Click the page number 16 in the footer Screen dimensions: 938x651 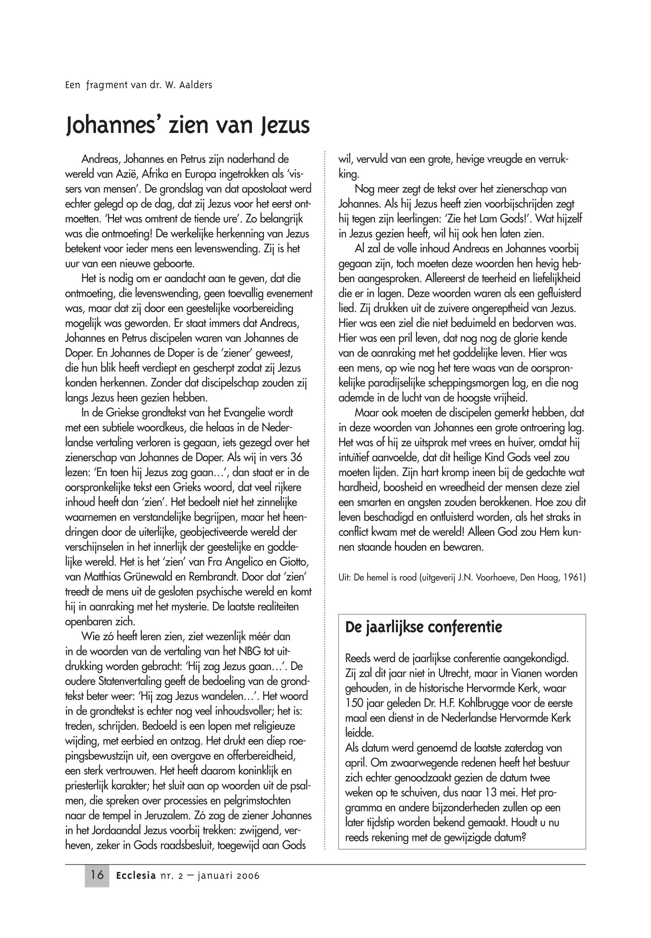pyautogui.click(x=97, y=875)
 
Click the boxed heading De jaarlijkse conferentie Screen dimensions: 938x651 pyautogui.click(x=423, y=627)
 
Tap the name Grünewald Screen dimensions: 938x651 pyautogui.click(x=149, y=577)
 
